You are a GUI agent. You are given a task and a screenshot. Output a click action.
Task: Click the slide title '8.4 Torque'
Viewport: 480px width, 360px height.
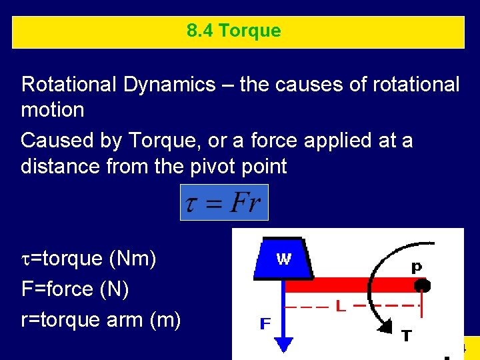(x=234, y=31)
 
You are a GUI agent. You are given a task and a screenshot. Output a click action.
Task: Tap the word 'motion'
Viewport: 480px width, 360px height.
(x=53, y=109)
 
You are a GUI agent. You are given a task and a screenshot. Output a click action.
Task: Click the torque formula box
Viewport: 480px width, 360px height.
(x=224, y=202)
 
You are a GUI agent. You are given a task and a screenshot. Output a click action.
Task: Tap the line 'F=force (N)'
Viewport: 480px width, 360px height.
(x=75, y=289)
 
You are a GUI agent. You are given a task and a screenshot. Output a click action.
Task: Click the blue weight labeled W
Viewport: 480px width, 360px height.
(x=283, y=259)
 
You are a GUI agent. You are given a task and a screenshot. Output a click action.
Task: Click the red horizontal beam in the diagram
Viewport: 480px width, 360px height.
(x=347, y=285)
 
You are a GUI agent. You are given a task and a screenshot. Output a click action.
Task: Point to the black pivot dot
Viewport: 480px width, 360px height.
(x=422, y=286)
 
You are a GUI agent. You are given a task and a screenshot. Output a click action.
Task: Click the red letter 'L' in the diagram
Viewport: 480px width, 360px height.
(x=341, y=307)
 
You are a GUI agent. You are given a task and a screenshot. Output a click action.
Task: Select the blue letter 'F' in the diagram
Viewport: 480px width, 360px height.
(x=265, y=324)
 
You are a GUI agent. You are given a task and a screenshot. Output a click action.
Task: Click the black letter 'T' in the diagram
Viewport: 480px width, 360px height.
(x=406, y=336)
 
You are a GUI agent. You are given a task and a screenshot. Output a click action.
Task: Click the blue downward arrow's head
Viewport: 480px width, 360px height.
(x=284, y=344)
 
